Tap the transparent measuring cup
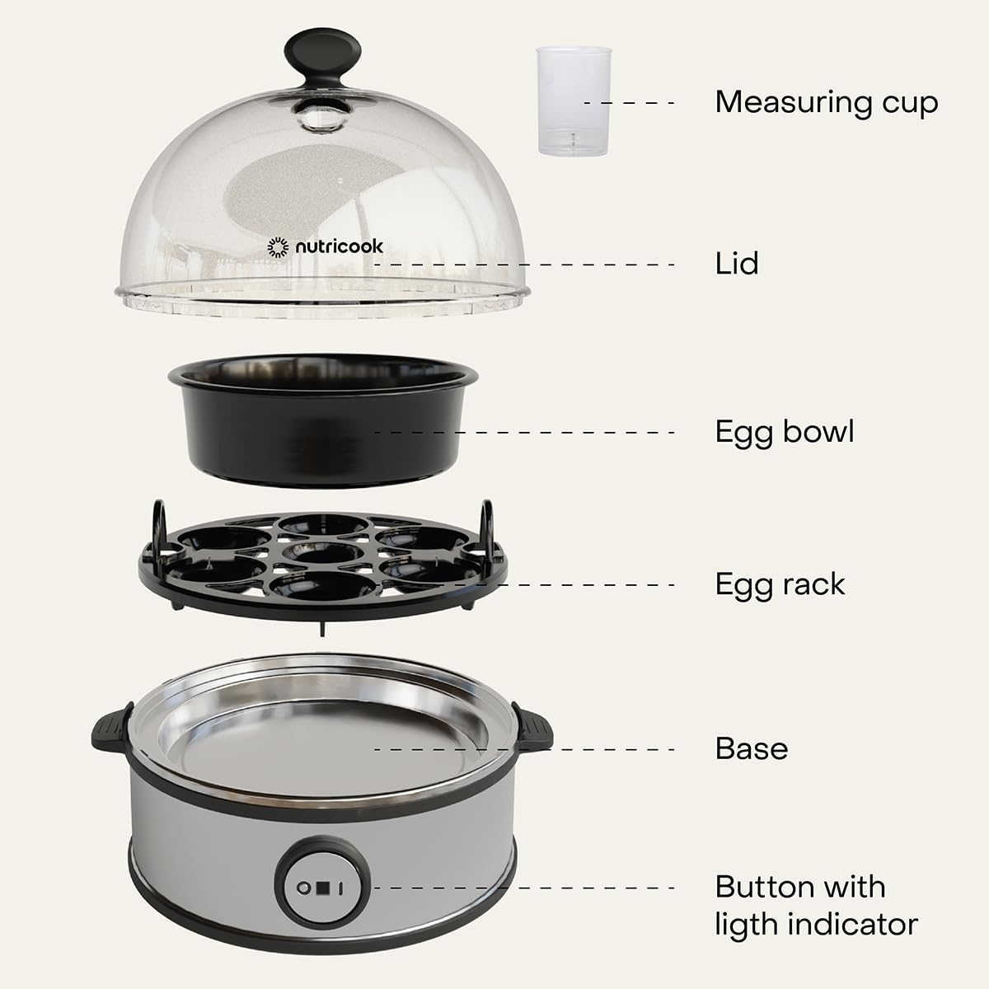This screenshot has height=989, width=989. (574, 101)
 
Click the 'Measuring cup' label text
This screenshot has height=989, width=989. (827, 103)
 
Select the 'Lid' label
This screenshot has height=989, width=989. (737, 263)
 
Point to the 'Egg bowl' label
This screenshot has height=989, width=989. (785, 432)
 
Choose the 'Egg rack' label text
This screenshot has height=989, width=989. (780, 585)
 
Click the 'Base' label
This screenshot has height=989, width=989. (752, 749)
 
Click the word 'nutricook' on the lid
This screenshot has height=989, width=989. (340, 247)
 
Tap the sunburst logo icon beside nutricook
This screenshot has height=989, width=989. (278, 247)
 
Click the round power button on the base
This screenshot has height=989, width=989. (322, 888)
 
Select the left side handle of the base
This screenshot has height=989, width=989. (111, 727)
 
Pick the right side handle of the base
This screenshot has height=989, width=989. (532, 727)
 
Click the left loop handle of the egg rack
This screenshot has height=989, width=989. (158, 523)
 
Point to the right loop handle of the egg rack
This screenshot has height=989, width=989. (486, 523)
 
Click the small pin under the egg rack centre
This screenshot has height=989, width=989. (321, 629)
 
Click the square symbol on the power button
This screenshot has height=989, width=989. (322, 888)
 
